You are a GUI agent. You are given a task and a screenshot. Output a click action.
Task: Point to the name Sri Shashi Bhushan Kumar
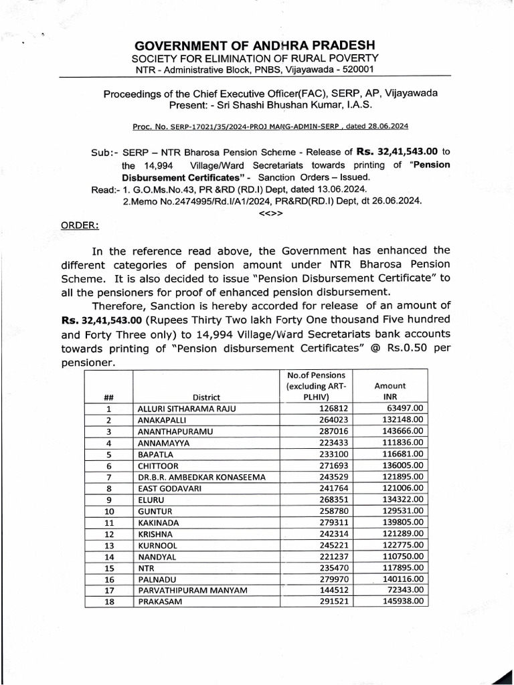[294, 105]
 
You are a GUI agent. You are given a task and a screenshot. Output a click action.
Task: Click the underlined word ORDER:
[80, 225]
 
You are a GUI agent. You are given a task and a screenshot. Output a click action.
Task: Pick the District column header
[206, 397]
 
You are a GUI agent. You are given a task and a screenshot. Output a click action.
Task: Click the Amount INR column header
[390, 391]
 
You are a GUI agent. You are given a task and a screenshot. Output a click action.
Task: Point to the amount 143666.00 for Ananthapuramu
[402, 431]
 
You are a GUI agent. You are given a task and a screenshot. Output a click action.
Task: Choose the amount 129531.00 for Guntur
[402, 511]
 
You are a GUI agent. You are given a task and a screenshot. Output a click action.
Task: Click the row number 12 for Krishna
[110, 534]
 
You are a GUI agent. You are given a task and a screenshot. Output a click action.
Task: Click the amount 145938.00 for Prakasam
[402, 601]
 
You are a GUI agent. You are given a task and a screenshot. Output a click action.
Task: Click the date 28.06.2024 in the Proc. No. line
[386, 126]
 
